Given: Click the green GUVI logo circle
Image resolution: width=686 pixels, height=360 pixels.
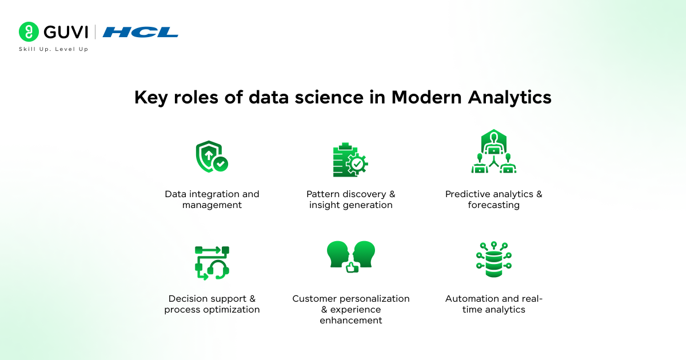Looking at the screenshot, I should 29,32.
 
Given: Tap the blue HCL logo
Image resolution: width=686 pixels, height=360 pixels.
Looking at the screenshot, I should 141,33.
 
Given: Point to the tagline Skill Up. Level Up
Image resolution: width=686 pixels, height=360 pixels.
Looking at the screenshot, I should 53,49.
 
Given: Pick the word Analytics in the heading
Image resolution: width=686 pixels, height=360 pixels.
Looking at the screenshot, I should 510,98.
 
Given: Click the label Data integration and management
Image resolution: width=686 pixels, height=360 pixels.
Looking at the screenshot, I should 212,199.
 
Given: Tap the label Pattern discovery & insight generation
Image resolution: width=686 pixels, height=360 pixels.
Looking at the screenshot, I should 351,199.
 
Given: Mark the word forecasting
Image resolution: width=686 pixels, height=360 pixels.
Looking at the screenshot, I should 494,205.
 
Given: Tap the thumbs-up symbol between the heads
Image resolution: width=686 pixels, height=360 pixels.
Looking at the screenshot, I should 352,267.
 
